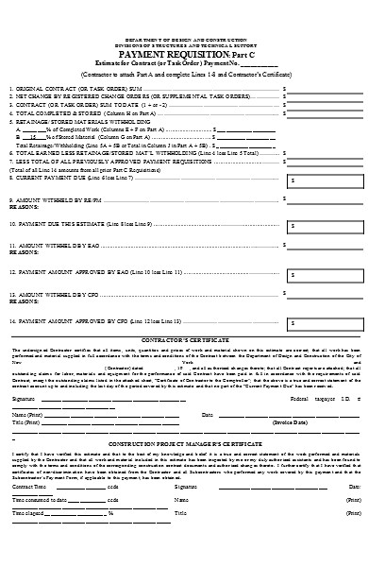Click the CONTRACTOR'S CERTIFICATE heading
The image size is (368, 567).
pos(183,336)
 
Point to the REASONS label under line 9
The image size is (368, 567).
pos(24,208)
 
